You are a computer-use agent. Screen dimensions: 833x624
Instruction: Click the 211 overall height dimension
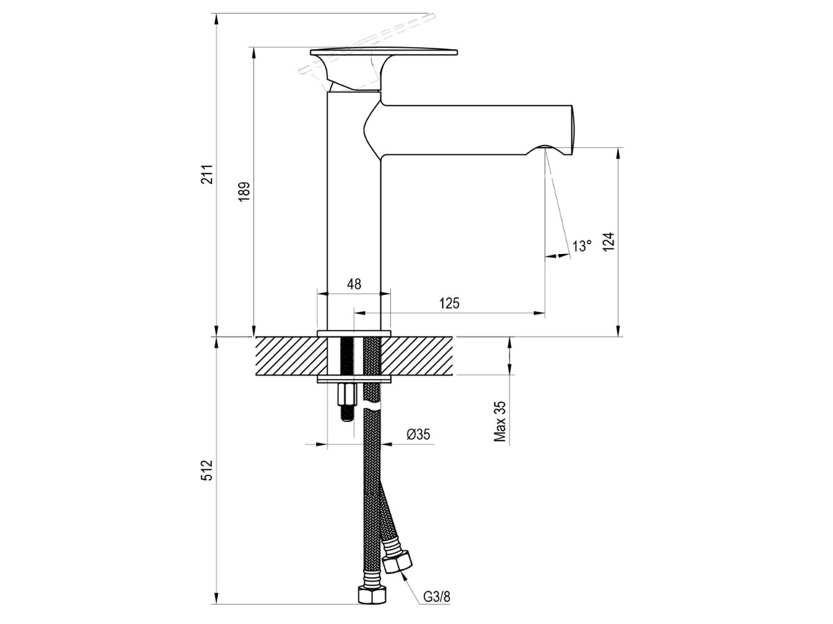pyautogui.click(x=207, y=174)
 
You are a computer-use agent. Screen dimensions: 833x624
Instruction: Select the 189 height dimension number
pyautogui.click(x=244, y=192)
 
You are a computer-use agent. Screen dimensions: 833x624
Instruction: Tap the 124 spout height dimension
pyautogui.click(x=608, y=242)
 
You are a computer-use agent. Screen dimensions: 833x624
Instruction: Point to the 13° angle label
pyautogui.click(x=582, y=246)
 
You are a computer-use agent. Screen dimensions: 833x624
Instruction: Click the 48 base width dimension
pyautogui.click(x=354, y=284)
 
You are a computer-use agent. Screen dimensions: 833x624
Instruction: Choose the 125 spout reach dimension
pyautogui.click(x=449, y=303)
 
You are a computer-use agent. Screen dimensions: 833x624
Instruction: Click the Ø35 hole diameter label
pyautogui.click(x=418, y=435)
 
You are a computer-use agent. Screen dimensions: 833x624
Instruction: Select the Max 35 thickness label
pyautogui.click(x=500, y=421)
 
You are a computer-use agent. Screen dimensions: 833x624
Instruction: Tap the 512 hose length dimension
pyautogui.click(x=207, y=471)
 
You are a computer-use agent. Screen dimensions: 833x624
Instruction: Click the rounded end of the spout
pyautogui.click(x=571, y=130)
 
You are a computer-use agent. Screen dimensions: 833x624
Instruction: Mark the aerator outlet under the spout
pyautogui.click(x=545, y=148)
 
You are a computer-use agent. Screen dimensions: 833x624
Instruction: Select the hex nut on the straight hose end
pyautogui.click(x=372, y=597)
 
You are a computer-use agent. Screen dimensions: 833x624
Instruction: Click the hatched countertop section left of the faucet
pyautogui.click(x=291, y=356)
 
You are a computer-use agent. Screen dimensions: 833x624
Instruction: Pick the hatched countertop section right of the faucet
pyautogui.click(x=416, y=356)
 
